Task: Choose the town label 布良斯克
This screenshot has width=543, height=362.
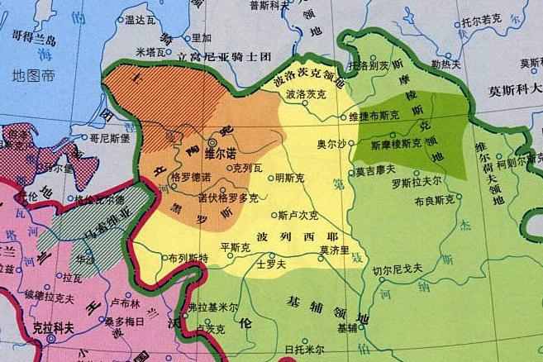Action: [434, 200]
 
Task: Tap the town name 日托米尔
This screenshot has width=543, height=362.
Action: [303, 350]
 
